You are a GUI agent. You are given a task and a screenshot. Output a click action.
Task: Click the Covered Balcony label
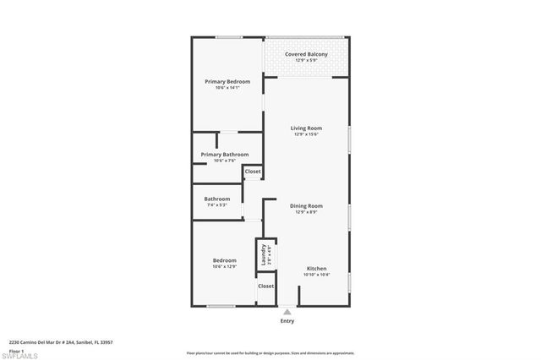[305, 54]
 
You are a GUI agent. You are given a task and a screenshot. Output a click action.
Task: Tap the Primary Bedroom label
[227, 81]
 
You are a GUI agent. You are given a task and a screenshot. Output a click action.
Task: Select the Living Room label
[305, 128]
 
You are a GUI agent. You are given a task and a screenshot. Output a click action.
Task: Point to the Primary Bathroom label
[225, 155]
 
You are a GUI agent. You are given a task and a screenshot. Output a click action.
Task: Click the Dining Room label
[306, 205]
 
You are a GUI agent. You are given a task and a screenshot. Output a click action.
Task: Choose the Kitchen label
[316, 268]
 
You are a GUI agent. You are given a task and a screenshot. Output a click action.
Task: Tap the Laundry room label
[263, 254]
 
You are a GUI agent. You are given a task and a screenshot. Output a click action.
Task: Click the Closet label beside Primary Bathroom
[253, 172]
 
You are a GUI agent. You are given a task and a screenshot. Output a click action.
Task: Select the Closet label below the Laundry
[265, 286]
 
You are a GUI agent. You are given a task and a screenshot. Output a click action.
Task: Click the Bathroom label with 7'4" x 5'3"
[217, 199]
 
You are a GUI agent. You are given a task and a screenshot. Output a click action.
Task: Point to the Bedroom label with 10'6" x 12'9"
[224, 260]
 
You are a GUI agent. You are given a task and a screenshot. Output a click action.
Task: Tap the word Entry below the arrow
[287, 321]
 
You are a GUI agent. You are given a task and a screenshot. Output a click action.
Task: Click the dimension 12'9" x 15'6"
[305, 134]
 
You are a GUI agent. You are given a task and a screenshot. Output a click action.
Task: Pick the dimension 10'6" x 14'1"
[227, 88]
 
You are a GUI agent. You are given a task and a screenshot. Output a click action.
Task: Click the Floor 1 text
[16, 350]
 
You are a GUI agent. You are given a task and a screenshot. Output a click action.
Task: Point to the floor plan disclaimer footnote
[270, 353]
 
